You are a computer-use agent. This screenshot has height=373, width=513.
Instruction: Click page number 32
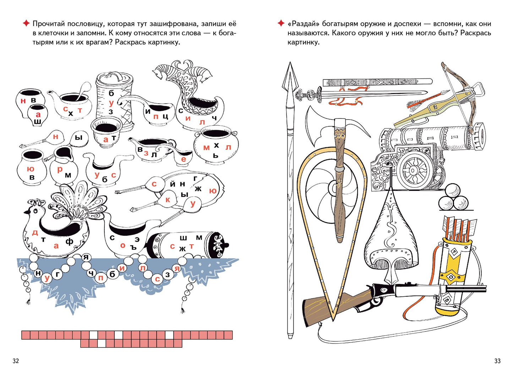point(16,361)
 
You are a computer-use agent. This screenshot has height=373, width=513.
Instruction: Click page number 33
point(497,361)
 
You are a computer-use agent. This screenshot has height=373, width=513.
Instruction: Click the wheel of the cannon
point(413,171)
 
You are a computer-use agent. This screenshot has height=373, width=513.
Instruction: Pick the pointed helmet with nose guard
point(391,234)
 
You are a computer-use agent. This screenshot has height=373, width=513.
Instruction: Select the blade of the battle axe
point(316,128)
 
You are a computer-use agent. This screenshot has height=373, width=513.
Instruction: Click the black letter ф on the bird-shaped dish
point(69,242)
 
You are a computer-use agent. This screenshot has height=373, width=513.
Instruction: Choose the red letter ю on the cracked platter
point(213,191)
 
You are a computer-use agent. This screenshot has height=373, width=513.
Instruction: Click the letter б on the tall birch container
point(111,93)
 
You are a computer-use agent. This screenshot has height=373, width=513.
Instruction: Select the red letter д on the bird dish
point(35,233)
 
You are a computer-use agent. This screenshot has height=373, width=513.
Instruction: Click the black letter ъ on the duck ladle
point(133,247)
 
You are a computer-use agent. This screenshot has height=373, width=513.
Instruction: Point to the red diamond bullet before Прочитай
point(26,23)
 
